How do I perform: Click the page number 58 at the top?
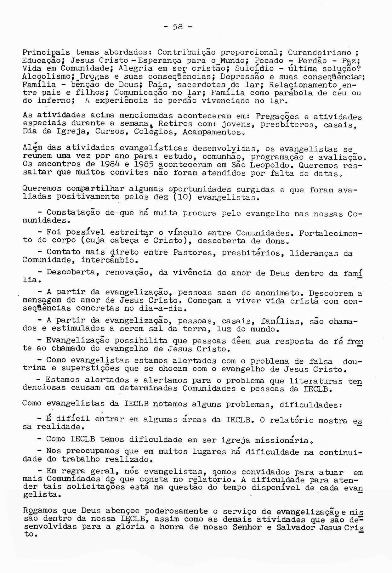tap(178, 27)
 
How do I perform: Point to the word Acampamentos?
tap(213, 132)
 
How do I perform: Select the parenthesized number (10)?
tap(183, 197)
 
